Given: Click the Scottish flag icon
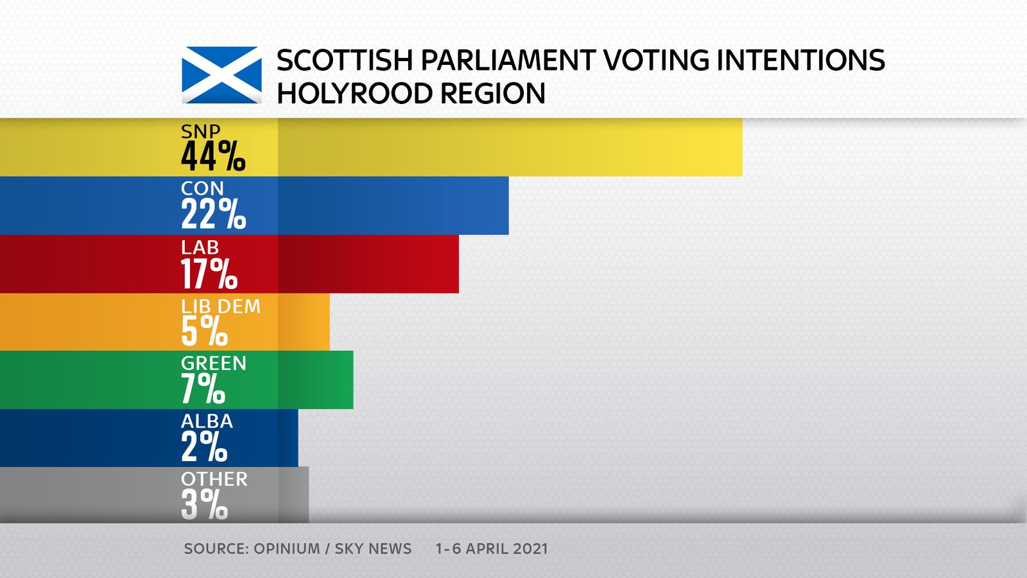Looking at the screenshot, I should point(221,75).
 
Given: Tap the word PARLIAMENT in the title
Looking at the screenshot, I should point(507,60).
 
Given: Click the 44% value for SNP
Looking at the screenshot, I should point(212,157).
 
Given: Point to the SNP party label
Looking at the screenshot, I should point(200,132).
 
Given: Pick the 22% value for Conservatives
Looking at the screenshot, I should point(213,215).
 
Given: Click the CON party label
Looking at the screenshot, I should point(202,189).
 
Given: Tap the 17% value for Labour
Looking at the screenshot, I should point(209,274).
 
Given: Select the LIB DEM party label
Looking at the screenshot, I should point(221,306).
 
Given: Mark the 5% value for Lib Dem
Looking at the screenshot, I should point(204,331).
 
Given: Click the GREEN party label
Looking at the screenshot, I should point(214,363).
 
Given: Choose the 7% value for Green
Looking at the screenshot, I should point(203,389).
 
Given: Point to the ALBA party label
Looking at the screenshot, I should point(207,421).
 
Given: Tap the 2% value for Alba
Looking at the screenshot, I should point(204,447).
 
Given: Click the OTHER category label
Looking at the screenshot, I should point(214,479).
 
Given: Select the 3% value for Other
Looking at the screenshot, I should point(204,505).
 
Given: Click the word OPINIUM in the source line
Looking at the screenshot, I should point(286,549).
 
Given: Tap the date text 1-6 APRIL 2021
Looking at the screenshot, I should point(492,549).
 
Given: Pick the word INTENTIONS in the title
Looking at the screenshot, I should point(800,60).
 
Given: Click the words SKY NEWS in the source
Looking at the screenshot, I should point(373,549).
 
